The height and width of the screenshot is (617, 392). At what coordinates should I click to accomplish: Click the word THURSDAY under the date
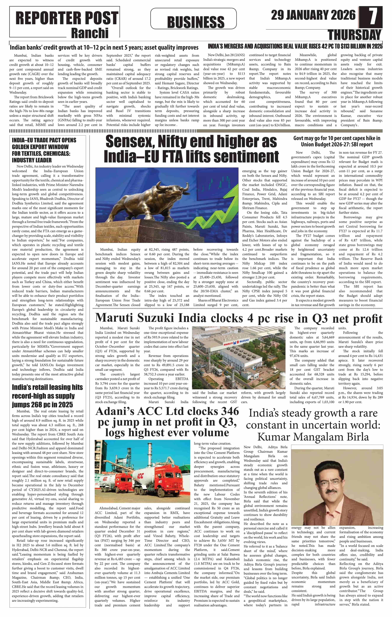click(x=355, y=35)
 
